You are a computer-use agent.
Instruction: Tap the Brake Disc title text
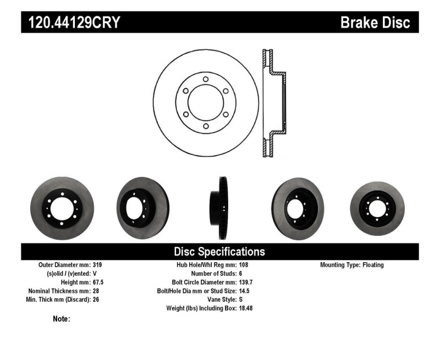click(x=375, y=23)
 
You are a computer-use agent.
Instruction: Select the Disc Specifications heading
click(x=219, y=252)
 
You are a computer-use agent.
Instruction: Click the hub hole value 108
click(x=244, y=265)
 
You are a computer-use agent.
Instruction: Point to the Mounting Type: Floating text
click(x=352, y=265)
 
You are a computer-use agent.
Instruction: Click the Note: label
click(x=61, y=319)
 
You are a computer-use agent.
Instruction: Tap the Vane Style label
click(x=218, y=300)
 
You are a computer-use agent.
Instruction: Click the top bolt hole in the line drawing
click(x=205, y=80)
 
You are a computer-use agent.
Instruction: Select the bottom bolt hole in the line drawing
click(x=205, y=126)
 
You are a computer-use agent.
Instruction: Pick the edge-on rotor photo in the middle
click(x=222, y=208)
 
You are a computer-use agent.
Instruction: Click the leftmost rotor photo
click(x=62, y=208)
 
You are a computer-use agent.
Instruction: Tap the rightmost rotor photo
click(x=377, y=208)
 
